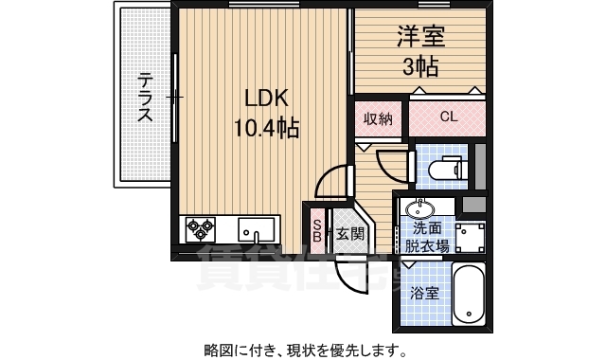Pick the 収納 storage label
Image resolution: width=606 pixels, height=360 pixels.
[x=381, y=119]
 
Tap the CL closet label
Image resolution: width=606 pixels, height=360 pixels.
[x=448, y=118]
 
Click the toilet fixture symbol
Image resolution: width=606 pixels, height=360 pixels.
[x=446, y=169]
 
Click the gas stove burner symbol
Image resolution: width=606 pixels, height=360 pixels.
[x=200, y=228]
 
